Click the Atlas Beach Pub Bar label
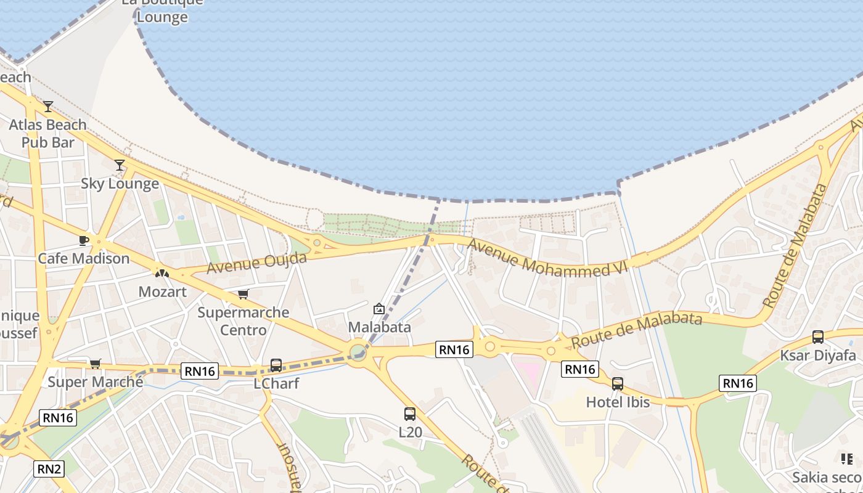click(x=47, y=134)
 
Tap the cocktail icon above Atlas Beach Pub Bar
click(x=48, y=107)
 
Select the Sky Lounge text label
click(x=120, y=184)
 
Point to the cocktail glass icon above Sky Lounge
click(x=120, y=165)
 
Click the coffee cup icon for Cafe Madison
click(x=84, y=240)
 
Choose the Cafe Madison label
click(x=84, y=258)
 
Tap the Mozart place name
click(x=162, y=291)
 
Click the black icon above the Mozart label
click(x=162, y=273)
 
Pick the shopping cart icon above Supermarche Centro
click(x=243, y=294)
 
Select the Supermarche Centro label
click(x=243, y=321)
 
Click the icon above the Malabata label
click(x=379, y=309)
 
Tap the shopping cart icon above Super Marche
click(x=95, y=364)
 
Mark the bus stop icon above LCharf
click(x=276, y=365)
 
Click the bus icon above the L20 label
click(x=410, y=414)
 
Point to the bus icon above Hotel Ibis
click(x=618, y=384)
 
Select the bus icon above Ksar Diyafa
click(x=818, y=337)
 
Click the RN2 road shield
click(x=49, y=469)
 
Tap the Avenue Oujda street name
click(x=256, y=263)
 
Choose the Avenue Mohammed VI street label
click(x=546, y=256)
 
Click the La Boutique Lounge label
click(x=162, y=9)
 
